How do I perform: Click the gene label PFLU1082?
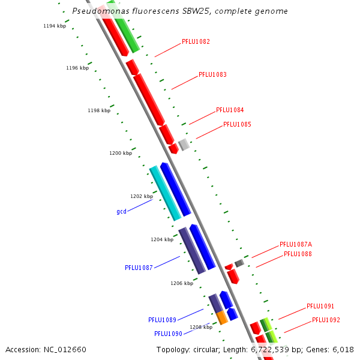coord(196,42)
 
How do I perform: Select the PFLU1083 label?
coord(212,75)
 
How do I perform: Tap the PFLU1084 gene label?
coord(230,110)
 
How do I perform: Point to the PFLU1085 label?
coord(237,125)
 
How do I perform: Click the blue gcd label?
coord(121,212)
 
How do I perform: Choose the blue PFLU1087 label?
coord(139,268)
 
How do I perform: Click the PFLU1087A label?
coord(296,245)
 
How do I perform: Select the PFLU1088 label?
coord(298,254)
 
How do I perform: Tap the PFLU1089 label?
coord(162,320)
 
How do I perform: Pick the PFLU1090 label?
coord(168,334)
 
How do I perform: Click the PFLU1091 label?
coord(320,306)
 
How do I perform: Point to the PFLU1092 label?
coord(326,320)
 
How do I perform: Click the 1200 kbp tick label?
coord(121,154)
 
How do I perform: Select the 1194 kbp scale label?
coord(55,26)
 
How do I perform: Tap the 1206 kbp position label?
coord(182,283)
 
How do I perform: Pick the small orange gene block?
coord(222,317)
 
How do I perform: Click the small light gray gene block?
coord(184,145)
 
